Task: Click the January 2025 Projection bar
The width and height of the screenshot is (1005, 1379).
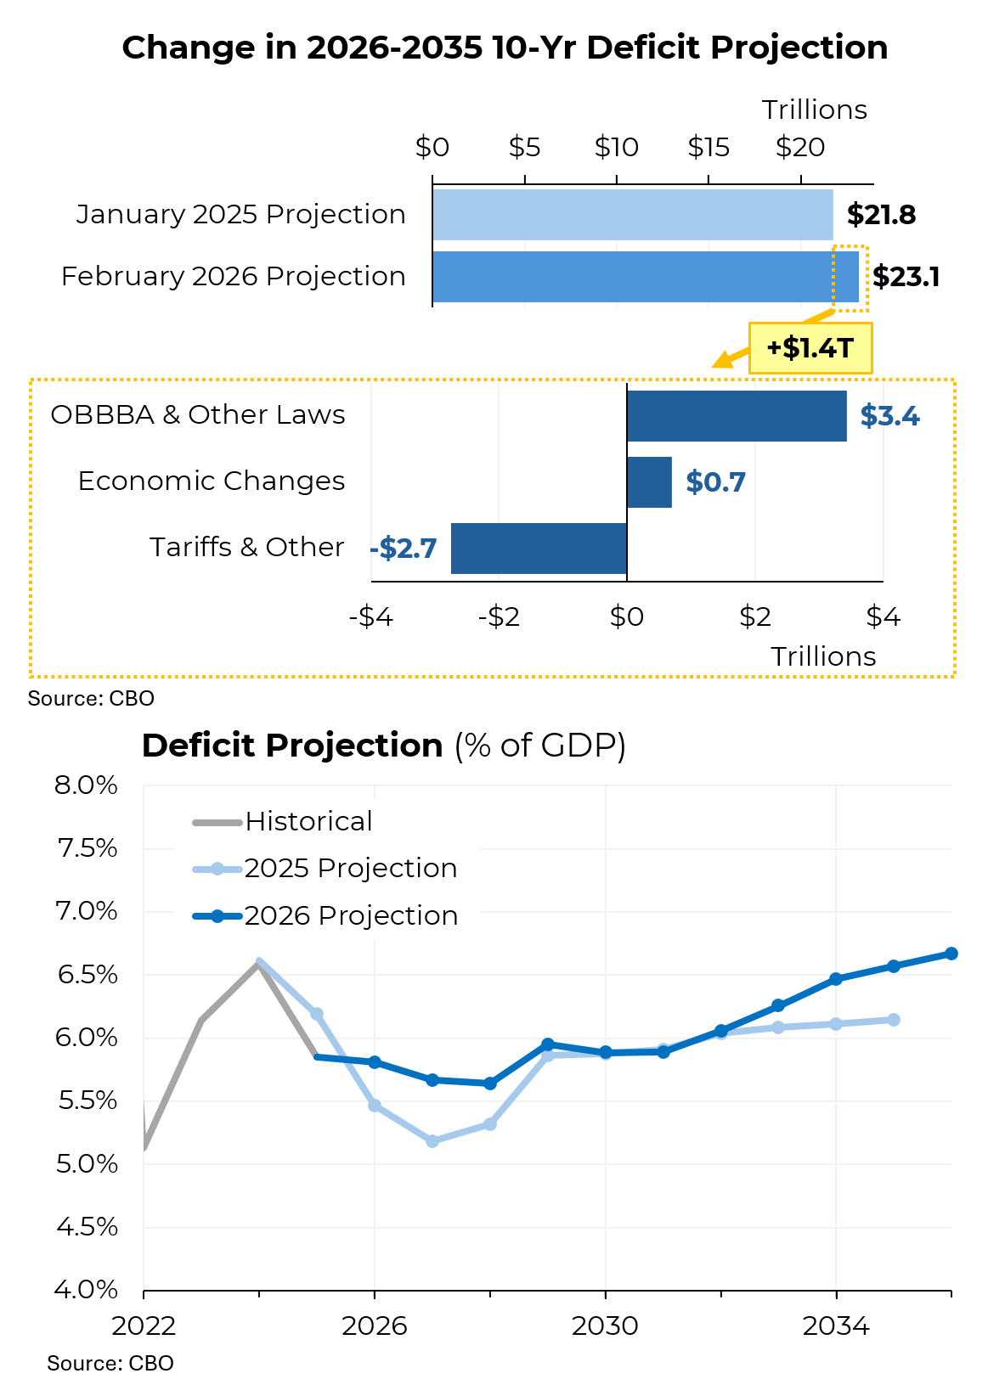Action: click(x=632, y=215)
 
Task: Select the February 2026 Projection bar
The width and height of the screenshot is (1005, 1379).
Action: click(x=645, y=277)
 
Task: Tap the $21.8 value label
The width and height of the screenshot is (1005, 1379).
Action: click(x=881, y=215)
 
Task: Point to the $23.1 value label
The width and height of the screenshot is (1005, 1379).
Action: click(x=906, y=277)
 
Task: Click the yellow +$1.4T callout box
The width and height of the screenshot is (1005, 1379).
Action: click(x=810, y=348)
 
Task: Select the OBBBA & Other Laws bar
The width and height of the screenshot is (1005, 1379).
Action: click(x=737, y=416)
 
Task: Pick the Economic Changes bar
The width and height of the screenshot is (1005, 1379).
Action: click(x=649, y=482)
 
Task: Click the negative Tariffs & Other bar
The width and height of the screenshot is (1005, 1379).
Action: click(x=539, y=549)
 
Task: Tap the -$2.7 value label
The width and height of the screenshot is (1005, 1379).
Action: click(x=404, y=549)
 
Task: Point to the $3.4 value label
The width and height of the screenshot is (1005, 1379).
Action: click(x=889, y=416)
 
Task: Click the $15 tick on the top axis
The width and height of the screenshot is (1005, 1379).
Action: click(x=709, y=148)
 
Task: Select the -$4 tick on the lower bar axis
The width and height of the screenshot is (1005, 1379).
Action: click(x=371, y=616)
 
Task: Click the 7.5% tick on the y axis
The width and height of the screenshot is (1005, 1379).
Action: click(x=87, y=848)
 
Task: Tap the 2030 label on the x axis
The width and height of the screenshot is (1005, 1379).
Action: click(x=605, y=1326)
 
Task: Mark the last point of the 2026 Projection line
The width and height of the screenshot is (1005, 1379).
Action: click(x=951, y=954)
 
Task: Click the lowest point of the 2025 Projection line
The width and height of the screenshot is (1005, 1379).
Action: click(x=432, y=1141)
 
